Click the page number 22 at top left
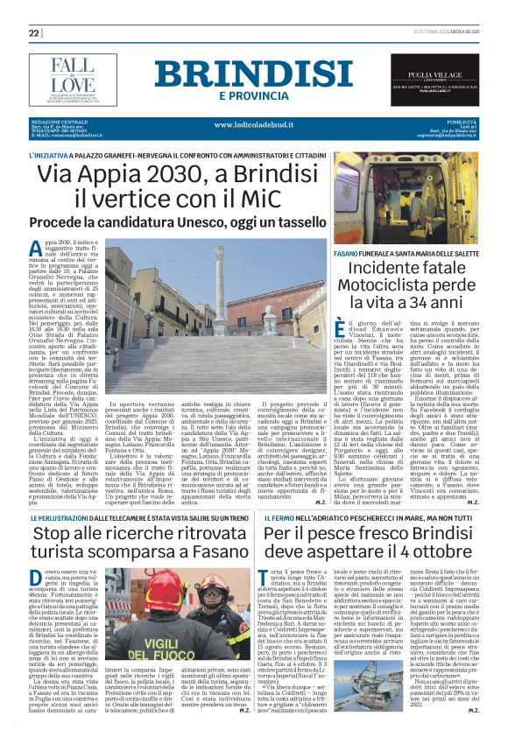(34, 32)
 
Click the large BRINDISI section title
(254, 74)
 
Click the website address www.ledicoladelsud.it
(255, 124)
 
